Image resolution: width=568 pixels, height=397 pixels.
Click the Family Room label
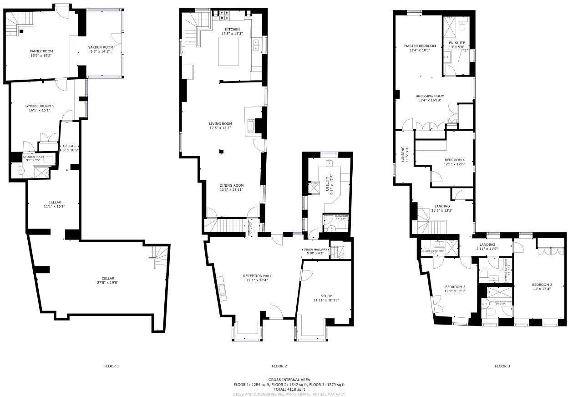(41, 51)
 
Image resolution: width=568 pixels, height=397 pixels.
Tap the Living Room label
(220, 123)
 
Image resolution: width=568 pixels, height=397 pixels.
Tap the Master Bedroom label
(420, 46)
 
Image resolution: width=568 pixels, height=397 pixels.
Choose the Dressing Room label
(430, 96)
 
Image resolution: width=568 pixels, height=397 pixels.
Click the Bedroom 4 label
(454, 159)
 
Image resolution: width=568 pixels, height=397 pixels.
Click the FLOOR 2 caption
(279, 366)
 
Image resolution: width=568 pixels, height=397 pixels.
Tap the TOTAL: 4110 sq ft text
(289, 389)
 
